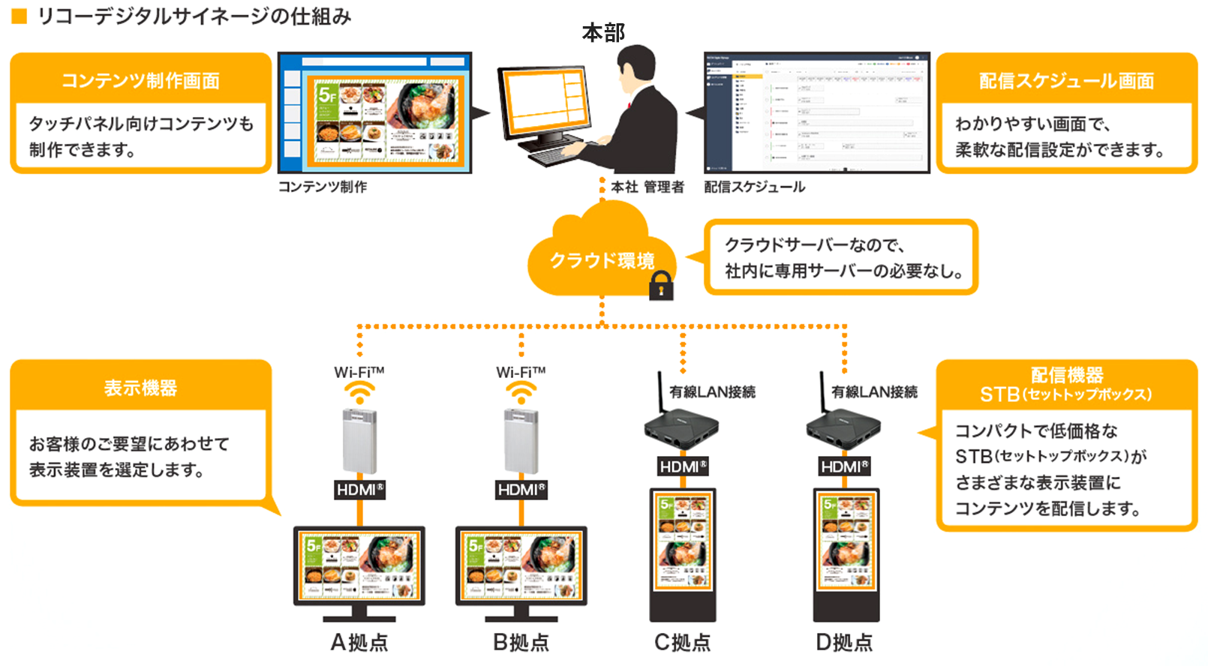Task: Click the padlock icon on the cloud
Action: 660,286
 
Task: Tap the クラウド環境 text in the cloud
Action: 602,260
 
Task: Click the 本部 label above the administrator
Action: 603,33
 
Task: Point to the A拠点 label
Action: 359,643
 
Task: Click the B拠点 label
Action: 521,643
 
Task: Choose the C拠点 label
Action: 683,643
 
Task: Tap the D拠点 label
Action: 845,643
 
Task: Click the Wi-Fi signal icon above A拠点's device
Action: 360,392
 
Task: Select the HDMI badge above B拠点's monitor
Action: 521,490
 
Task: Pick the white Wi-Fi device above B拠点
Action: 521,442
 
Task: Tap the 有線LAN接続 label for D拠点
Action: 874,391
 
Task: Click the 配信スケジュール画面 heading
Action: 1066,80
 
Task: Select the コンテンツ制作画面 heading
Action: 140,80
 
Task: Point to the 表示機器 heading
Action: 140,388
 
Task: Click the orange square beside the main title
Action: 20,16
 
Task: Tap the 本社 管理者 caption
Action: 648,187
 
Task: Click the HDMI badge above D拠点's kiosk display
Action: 845,466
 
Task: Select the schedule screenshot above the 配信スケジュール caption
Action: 816,112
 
